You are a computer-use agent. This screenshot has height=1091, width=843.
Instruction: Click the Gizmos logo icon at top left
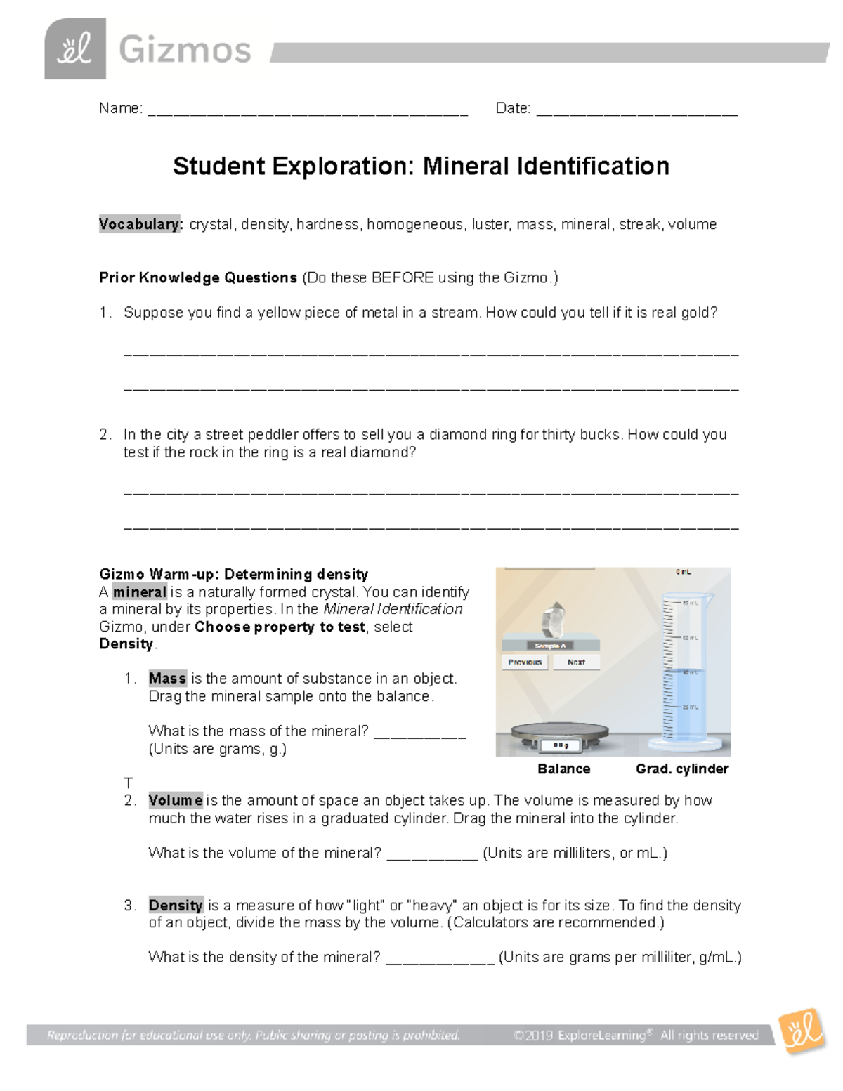tap(75, 49)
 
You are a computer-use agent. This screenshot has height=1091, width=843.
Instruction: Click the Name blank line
tap(307, 111)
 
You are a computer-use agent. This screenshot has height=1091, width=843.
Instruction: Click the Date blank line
tap(636, 111)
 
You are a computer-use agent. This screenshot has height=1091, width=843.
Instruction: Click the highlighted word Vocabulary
tap(140, 224)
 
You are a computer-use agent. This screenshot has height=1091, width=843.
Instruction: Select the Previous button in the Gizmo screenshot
tap(525, 662)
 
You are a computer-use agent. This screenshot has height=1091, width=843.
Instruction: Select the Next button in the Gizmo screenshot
tap(576, 662)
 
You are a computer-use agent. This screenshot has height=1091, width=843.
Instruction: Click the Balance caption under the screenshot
tap(563, 769)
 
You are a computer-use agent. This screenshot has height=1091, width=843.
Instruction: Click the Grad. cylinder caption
tap(681, 769)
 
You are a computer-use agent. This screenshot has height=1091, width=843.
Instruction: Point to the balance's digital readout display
tap(560, 745)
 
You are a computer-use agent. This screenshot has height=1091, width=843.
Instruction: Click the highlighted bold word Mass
tap(167, 679)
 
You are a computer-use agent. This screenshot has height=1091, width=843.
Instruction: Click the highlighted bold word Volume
tap(176, 800)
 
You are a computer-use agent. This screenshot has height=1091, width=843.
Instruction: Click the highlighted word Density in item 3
tap(176, 906)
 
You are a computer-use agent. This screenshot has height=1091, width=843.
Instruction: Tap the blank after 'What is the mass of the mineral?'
tap(419, 733)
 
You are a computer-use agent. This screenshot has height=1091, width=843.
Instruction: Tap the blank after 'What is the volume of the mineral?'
tap(432, 855)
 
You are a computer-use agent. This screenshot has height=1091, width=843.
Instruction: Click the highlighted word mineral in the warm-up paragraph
tap(140, 592)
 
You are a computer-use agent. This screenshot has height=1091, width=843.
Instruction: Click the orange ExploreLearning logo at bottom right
tap(801, 1031)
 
